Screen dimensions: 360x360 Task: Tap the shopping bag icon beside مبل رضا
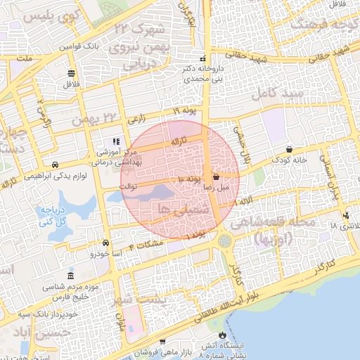tap(215, 177)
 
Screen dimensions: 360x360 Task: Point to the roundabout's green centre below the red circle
tap(226, 241)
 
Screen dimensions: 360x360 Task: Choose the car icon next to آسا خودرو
tap(106, 241)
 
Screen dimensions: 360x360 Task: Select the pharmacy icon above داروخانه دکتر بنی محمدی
tap(203, 59)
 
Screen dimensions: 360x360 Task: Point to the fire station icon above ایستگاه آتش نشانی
tap(223, 335)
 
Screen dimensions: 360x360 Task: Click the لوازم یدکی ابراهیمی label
tap(64, 177)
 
